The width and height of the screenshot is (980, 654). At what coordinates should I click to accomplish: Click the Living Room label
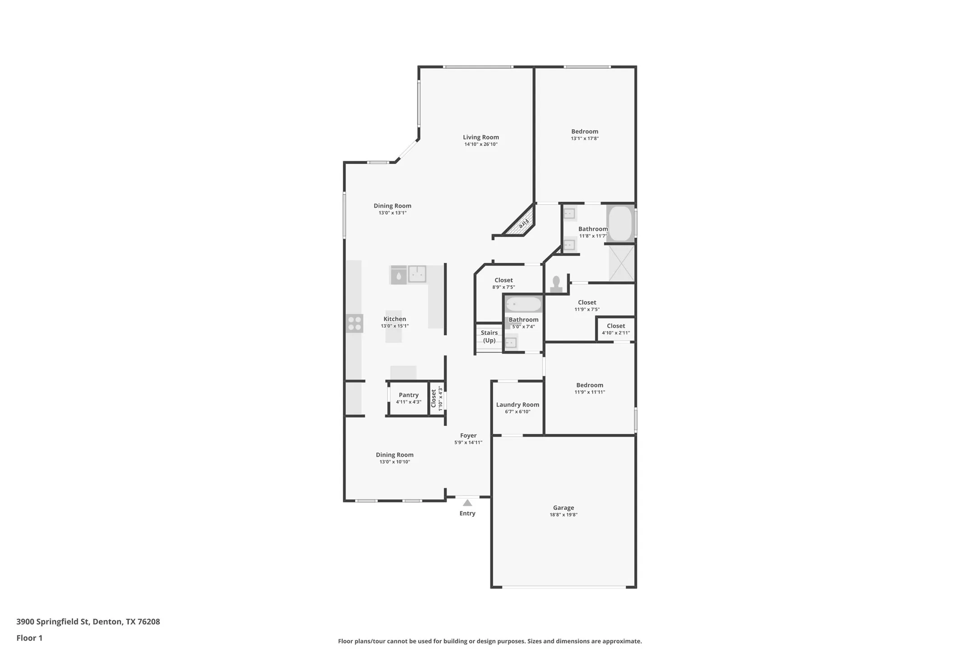(481, 137)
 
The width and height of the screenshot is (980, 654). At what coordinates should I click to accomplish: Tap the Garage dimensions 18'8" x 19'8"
(563, 515)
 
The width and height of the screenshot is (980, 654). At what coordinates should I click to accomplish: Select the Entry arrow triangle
(467, 503)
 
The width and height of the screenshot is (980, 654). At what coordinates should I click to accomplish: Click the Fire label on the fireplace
(523, 224)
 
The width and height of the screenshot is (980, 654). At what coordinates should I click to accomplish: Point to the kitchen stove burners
(354, 323)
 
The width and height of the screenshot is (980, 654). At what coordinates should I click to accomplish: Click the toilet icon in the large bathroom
(556, 285)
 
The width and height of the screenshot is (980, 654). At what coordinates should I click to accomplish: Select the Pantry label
(408, 395)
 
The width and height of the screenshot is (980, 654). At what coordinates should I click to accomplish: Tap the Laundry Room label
(518, 405)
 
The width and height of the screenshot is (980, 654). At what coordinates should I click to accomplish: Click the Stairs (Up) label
(489, 336)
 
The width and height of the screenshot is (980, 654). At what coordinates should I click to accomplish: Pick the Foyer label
(468, 435)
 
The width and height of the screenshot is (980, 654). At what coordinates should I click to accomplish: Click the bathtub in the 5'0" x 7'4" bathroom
(523, 304)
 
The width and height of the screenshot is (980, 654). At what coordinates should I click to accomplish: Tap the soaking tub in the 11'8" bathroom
(620, 224)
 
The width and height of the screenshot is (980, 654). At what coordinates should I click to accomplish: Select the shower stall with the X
(621, 263)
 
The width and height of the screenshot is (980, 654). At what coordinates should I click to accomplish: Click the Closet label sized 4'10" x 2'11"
(615, 326)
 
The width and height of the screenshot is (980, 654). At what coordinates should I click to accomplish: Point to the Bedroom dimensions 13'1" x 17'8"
(584, 139)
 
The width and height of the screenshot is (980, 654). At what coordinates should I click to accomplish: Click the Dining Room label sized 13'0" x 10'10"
(394, 455)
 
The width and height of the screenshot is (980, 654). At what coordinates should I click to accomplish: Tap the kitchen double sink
(417, 274)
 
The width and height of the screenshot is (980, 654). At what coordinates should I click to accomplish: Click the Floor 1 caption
(29, 638)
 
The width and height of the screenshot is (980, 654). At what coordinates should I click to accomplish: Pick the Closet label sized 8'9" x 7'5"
(504, 280)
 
